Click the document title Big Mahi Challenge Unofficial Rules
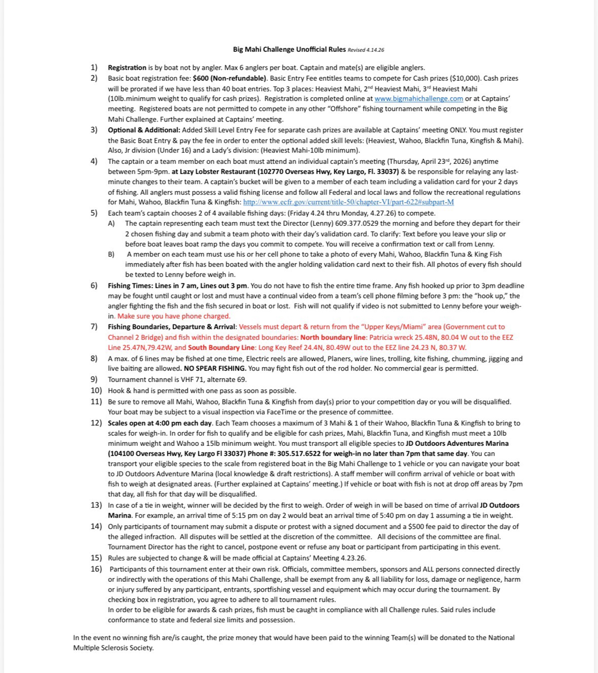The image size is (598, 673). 289,49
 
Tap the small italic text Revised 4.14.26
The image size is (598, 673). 366,50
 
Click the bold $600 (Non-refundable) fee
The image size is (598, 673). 230,78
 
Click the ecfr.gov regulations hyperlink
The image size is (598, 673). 348,202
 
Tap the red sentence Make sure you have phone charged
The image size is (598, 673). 174,316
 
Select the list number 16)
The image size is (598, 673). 96,569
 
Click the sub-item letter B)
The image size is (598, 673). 111,254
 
